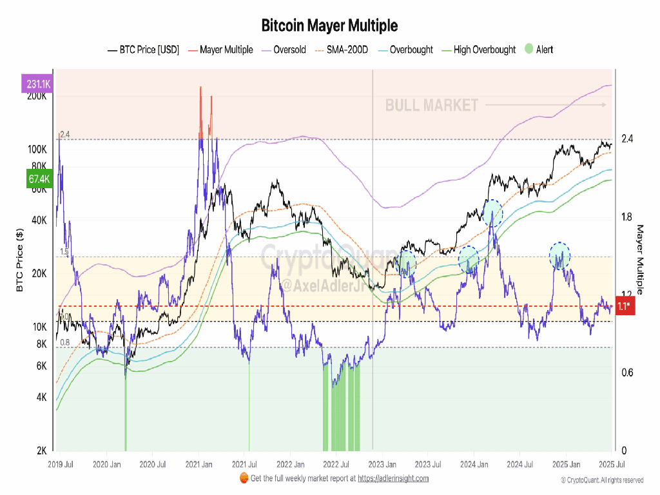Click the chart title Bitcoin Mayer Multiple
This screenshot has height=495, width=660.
329,26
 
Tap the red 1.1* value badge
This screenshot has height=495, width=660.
624,307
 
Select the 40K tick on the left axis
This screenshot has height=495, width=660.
38,220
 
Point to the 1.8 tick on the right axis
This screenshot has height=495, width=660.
627,217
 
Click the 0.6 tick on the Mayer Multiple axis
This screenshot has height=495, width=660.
627,373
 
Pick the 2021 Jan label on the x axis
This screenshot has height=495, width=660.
199,464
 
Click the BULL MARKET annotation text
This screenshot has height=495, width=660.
432,105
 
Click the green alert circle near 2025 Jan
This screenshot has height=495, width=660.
560,255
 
